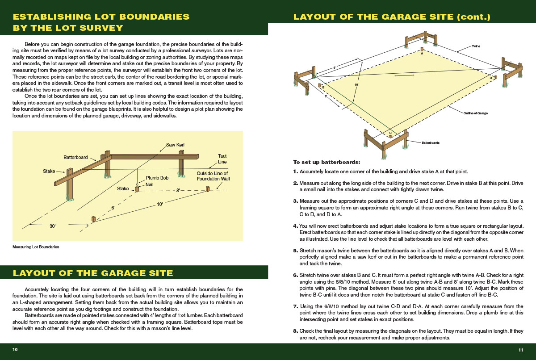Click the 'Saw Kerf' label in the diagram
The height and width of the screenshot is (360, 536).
click(x=176, y=145)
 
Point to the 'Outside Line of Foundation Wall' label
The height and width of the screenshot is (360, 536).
click(x=213, y=176)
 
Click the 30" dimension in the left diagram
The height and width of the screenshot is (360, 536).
click(x=53, y=226)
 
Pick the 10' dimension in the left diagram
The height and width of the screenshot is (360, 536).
click(x=160, y=204)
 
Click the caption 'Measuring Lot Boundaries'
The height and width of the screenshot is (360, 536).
click(x=36, y=247)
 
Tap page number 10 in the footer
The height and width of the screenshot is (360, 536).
click(x=15, y=349)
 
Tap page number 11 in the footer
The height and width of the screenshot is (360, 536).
click(x=520, y=349)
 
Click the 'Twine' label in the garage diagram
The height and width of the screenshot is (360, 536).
click(x=476, y=46)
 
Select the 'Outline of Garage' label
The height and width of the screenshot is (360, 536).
click(x=475, y=113)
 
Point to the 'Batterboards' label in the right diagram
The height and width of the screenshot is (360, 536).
click(x=431, y=143)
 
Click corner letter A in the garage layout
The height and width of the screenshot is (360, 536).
click(x=421, y=53)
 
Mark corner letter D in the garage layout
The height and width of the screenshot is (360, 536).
click(x=490, y=78)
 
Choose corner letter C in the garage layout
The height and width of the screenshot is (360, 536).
click(x=390, y=133)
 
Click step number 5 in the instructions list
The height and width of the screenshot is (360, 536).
click(x=295, y=251)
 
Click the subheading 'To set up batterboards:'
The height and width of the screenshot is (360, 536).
click(x=326, y=162)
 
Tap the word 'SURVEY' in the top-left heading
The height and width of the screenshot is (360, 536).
click(x=101, y=27)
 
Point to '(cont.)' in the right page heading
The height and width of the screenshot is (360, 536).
click(x=474, y=17)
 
